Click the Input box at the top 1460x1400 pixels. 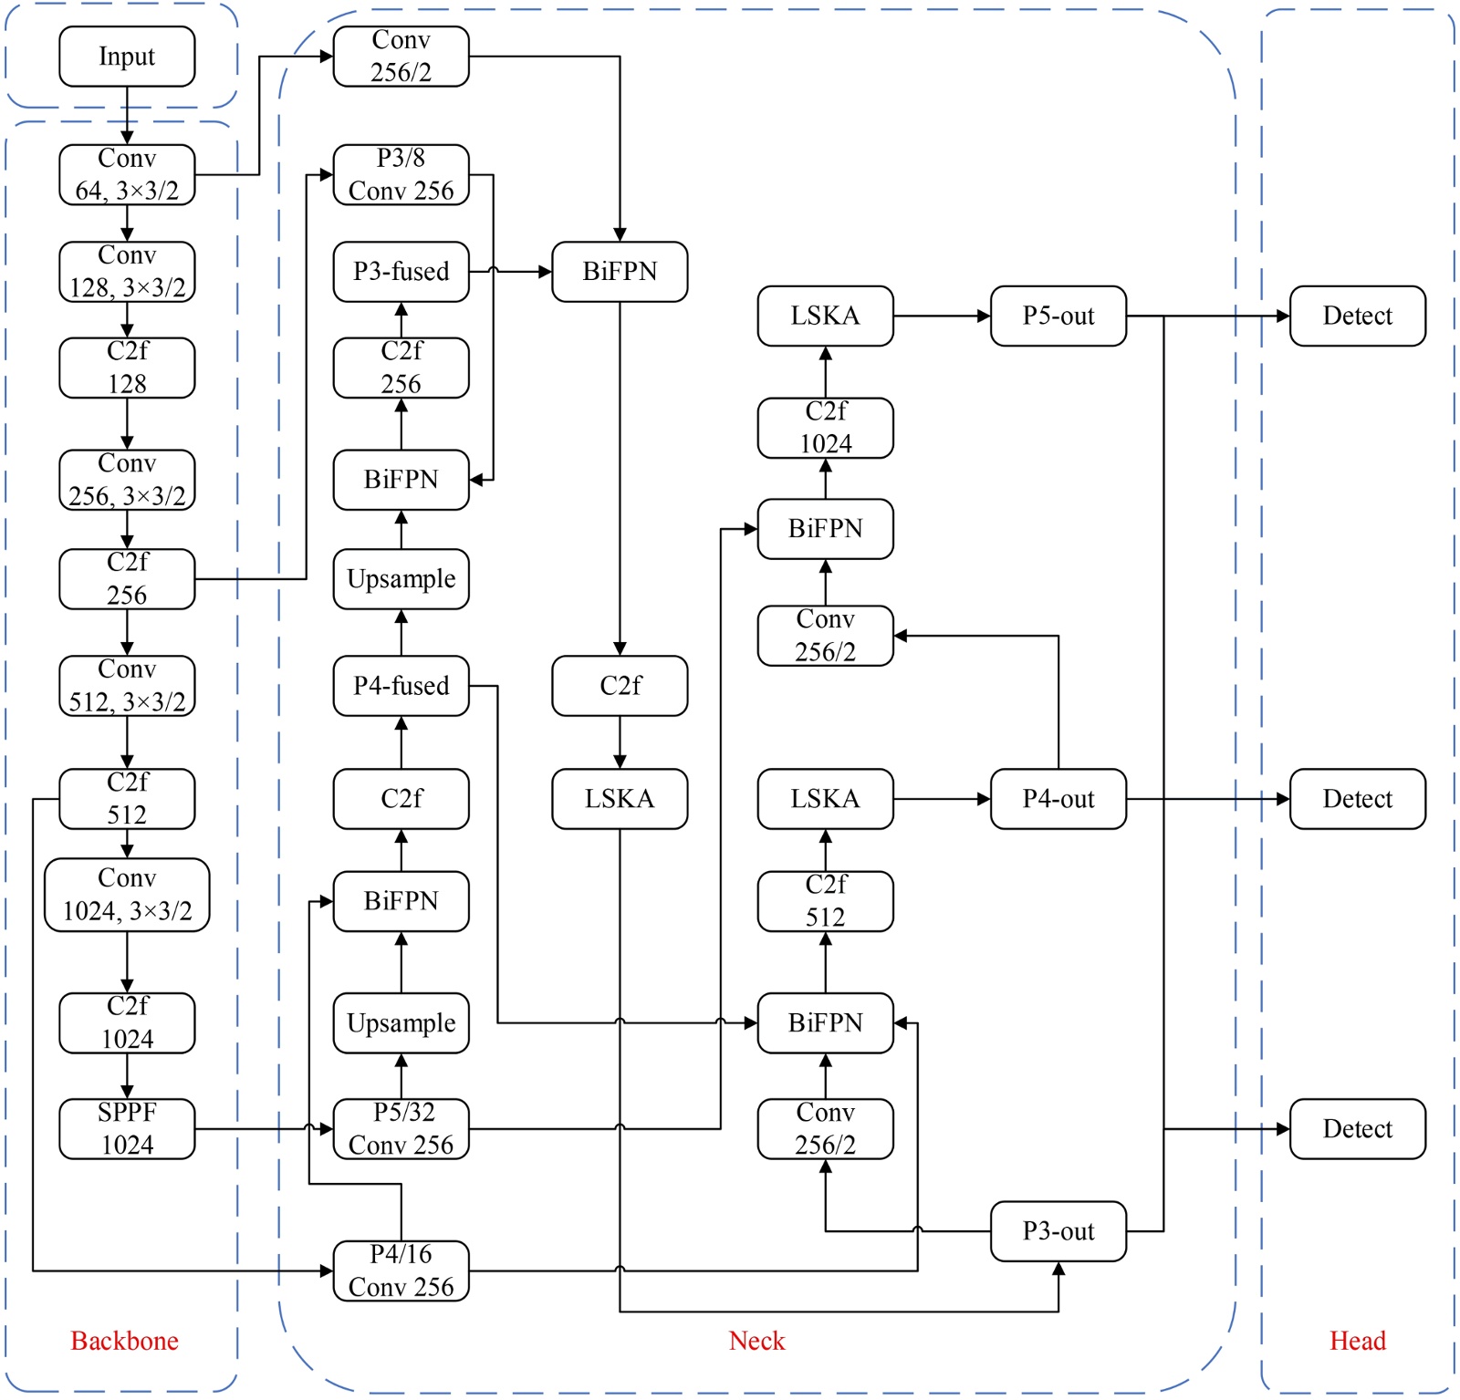[x=127, y=57]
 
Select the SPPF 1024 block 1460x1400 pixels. [x=127, y=1128]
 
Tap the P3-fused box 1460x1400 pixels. [x=401, y=272]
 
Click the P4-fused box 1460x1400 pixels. [x=401, y=686]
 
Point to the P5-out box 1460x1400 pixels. [x=1058, y=316]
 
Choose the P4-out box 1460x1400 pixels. [x=1058, y=799]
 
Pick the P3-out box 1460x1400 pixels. [x=1058, y=1231]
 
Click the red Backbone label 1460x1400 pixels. [x=124, y=1341]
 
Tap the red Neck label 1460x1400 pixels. [x=756, y=1341]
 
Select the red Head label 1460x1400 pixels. [x=1357, y=1341]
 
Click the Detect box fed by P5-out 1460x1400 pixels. [x=1357, y=316]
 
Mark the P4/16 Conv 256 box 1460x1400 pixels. [x=401, y=1270]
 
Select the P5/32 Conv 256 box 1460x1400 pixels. [x=401, y=1128]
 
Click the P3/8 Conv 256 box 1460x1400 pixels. [x=401, y=174]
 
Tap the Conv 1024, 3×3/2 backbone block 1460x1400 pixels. [x=127, y=895]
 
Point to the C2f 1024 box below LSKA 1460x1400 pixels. [x=825, y=428]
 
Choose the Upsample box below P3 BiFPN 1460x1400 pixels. [x=401, y=579]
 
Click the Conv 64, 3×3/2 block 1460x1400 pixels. [x=127, y=174]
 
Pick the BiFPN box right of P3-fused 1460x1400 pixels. [x=620, y=272]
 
